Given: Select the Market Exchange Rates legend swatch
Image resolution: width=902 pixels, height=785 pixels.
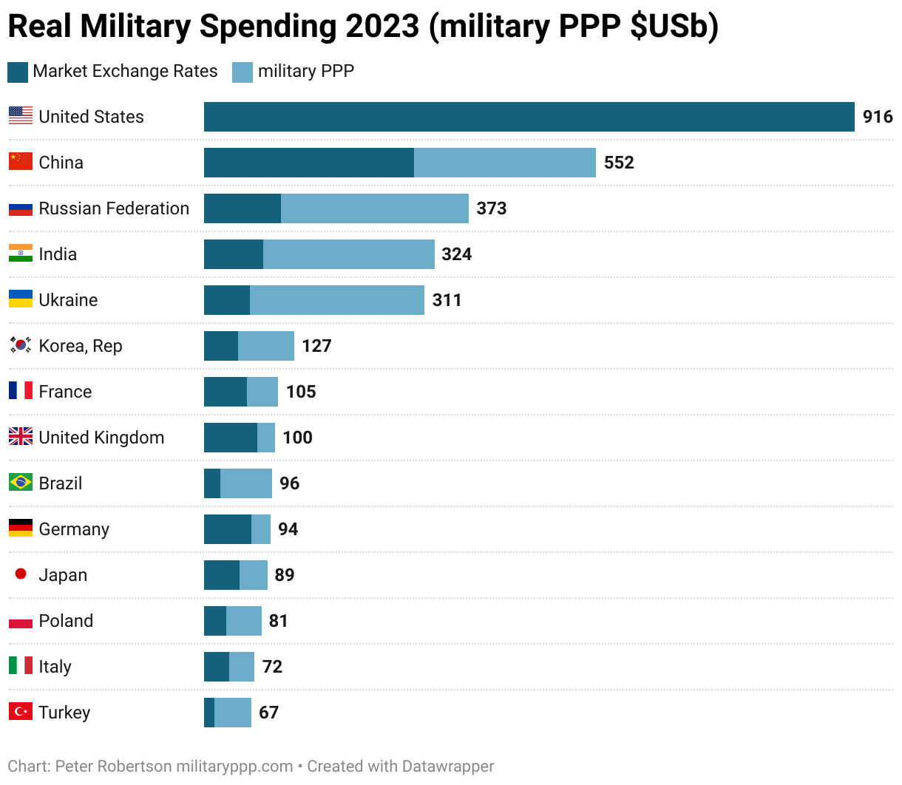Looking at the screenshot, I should click(x=18, y=72).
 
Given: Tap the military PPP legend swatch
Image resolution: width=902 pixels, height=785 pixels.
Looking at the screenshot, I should click(x=243, y=72).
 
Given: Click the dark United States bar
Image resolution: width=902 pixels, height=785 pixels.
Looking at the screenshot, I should click(x=529, y=117).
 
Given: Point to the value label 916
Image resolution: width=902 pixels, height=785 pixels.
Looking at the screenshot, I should click(x=878, y=117).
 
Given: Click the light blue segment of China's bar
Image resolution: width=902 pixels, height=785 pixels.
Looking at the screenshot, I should click(x=504, y=163).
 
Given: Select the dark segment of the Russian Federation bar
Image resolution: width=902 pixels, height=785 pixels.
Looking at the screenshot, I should click(x=242, y=208).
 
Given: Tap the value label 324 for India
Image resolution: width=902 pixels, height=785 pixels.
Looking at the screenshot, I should click(x=456, y=254).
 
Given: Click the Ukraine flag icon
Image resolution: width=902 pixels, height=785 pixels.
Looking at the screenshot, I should click(x=21, y=299).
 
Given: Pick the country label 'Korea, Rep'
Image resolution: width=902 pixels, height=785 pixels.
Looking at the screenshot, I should click(x=80, y=346).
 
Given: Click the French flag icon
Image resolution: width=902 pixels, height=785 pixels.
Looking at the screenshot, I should click(x=21, y=391).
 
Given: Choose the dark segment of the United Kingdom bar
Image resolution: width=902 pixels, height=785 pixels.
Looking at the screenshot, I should click(x=230, y=438).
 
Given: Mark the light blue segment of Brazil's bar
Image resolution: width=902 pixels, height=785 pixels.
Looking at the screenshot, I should click(x=245, y=483).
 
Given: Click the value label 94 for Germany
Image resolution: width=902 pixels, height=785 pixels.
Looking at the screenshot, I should click(x=288, y=529).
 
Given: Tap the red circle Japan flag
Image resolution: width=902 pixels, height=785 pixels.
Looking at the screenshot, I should click(x=21, y=574).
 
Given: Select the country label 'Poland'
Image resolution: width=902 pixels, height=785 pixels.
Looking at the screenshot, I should click(x=66, y=621).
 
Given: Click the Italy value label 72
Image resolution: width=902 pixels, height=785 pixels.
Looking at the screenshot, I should click(x=272, y=667).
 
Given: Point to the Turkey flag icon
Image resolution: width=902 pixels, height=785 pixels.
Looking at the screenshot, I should click(x=21, y=712).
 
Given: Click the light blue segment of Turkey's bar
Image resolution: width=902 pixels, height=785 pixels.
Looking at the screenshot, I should click(x=232, y=713).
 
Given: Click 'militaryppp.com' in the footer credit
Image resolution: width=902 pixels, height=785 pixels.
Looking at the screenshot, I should click(x=234, y=767).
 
